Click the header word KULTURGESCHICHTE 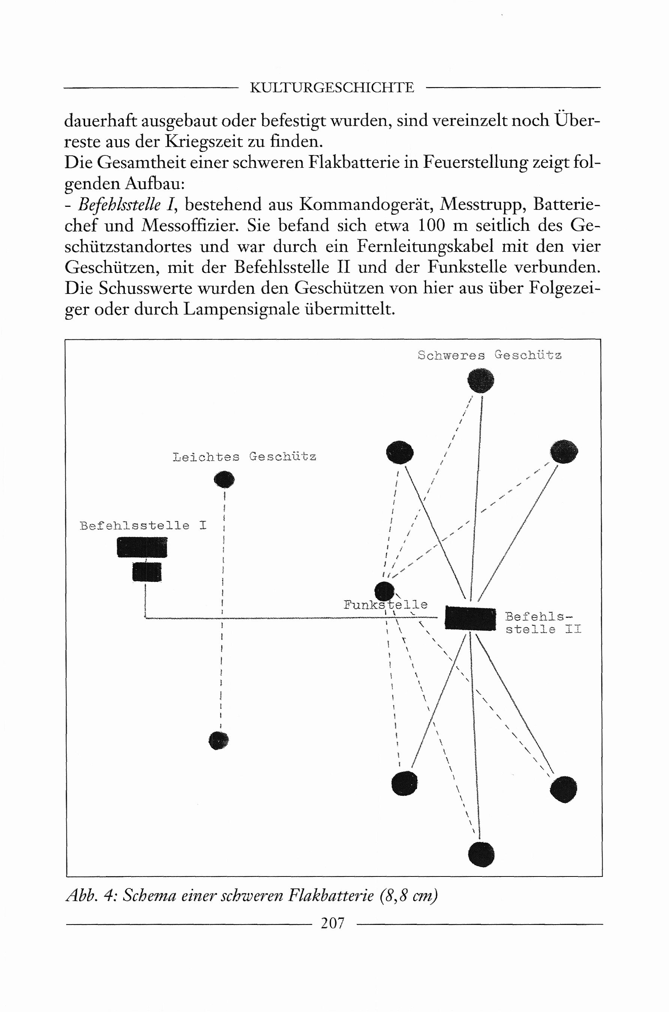coord(331,87)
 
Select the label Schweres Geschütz coord(489,355)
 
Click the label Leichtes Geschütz coord(244,457)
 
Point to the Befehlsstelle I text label coord(143,526)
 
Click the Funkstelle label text coord(385,605)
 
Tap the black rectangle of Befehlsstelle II coord(470,618)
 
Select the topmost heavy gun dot coord(481,379)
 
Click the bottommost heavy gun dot coord(481,855)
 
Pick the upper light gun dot coord(224,479)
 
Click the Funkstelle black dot coord(384,590)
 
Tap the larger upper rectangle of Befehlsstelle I coord(142,547)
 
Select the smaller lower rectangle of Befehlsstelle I coord(147,572)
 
